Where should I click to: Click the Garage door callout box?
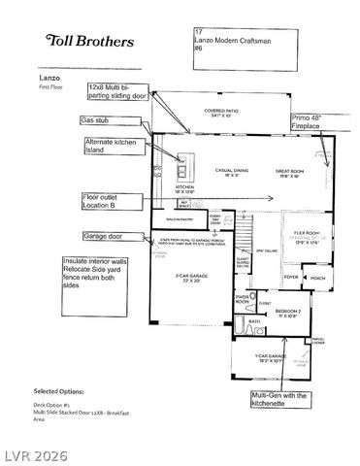point(109,236)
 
